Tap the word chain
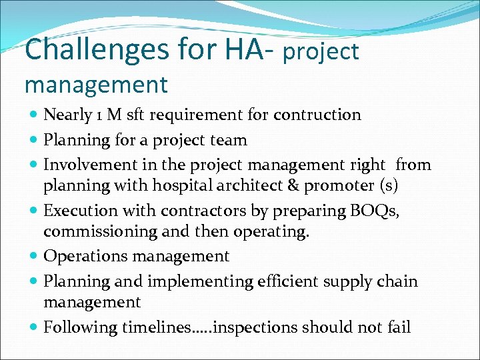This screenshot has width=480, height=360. pos(397,281)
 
